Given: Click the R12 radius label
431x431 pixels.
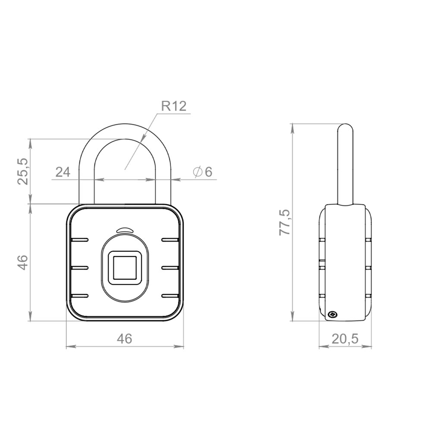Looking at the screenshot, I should click(174, 106).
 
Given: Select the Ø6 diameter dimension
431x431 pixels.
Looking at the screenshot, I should click(203, 172).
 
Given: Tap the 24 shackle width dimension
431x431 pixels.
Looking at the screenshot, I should click(62, 172).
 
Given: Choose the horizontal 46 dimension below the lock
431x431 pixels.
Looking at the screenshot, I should click(125, 339).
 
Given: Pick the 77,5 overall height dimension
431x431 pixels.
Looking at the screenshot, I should click(285, 222).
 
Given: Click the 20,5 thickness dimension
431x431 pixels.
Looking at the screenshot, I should click(345, 339).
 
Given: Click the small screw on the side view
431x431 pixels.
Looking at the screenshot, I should click(332, 315).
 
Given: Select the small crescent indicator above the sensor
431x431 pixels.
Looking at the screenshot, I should click(125, 230).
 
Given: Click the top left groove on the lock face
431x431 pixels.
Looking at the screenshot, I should click(79, 240).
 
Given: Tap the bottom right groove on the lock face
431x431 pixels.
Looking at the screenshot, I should click(170, 296).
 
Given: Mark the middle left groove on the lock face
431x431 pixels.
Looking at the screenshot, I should click(79, 268).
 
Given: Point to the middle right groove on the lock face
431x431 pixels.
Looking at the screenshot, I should click(170, 268).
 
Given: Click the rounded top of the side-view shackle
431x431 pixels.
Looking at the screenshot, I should click(345, 128).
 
